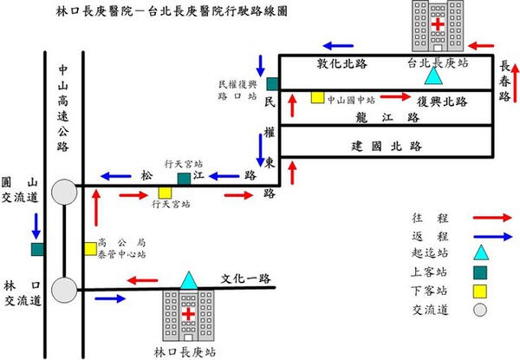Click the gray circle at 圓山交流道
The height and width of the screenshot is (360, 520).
(63, 192)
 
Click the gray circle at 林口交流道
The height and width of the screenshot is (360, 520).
(63, 287)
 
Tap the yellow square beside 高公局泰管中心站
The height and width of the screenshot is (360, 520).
(90, 249)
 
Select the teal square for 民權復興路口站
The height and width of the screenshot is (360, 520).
(271, 83)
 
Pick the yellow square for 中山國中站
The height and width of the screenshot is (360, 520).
(317, 96)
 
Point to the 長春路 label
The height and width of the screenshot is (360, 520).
(505, 81)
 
